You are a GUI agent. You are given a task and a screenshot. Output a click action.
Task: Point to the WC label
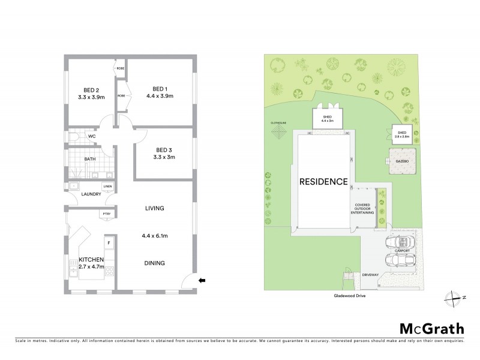pyautogui.click(x=92, y=136)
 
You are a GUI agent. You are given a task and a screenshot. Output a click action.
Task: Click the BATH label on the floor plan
pyautogui.click(x=90, y=160)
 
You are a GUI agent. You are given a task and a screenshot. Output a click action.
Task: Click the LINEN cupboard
pyautogui.click(x=107, y=187)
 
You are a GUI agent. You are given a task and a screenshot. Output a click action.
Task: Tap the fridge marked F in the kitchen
pyautogui.click(x=108, y=243)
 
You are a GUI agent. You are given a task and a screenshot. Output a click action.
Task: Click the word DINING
pyautogui.click(x=154, y=263)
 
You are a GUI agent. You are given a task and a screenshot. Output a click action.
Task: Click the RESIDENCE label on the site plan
pyautogui.click(x=324, y=181)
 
